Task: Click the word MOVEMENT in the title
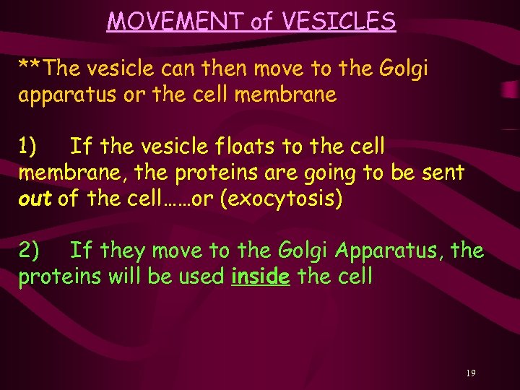tap(175, 21)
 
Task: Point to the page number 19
tap(470, 373)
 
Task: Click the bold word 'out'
tap(35, 199)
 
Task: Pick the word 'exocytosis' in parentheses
tap(280, 199)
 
